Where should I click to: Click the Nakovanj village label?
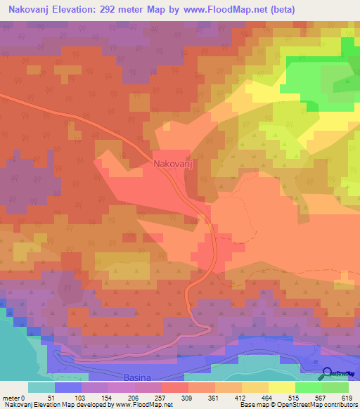click(x=173, y=165)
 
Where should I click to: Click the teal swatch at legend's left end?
click(x=41, y=387)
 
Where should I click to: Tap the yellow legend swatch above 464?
click(x=281, y=387)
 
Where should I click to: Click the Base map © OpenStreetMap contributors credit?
click(x=299, y=405)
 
